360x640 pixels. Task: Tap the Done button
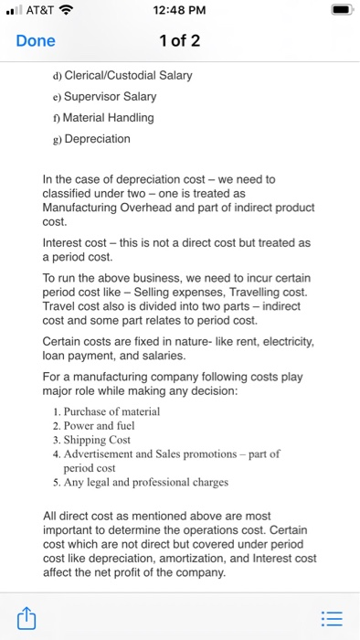click(x=36, y=41)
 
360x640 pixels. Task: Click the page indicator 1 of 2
click(x=180, y=41)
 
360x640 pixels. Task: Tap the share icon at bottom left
click(x=28, y=619)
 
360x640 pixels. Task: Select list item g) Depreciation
click(x=97, y=139)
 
